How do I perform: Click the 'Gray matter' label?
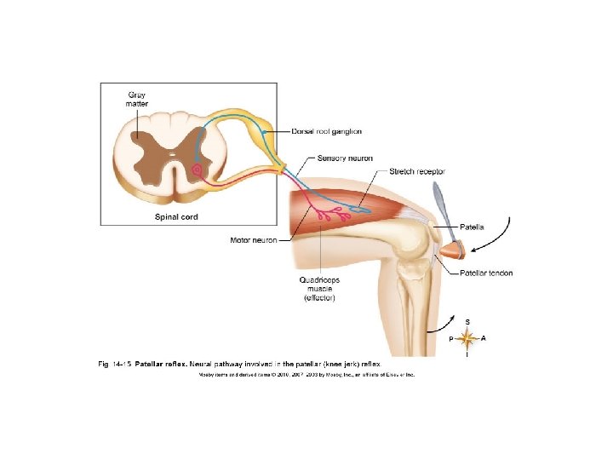tap(137, 99)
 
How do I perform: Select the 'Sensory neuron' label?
tap(342, 158)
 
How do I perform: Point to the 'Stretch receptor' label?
tap(417, 171)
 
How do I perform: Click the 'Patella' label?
tap(473, 227)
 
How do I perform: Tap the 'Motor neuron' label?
tap(254, 240)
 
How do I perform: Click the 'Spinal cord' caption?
tap(175, 217)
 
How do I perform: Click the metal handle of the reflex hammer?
tap(441, 204)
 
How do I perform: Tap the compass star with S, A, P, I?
tap(467, 338)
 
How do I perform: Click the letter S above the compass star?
tap(467, 321)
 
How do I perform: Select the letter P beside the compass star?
tap(451, 339)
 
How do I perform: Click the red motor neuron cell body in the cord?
tap(198, 170)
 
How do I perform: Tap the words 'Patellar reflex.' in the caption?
tap(160, 364)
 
